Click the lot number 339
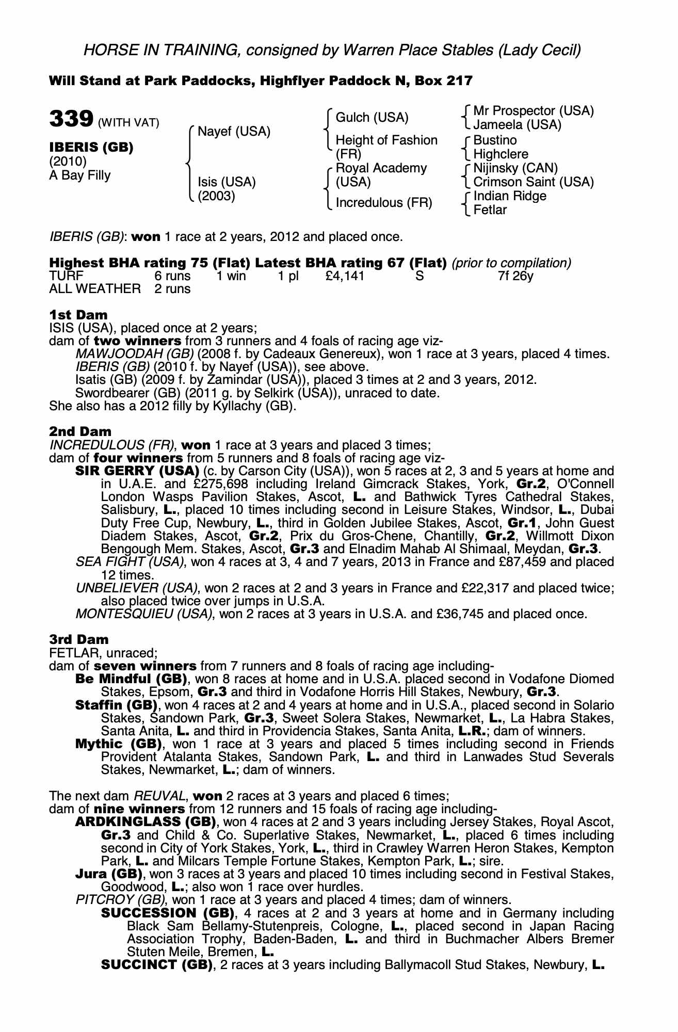(71, 119)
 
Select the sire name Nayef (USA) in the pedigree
(234, 132)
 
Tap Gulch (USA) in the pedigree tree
(372, 118)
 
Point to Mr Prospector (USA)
(534, 111)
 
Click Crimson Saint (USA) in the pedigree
(534, 182)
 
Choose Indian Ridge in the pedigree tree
(510, 196)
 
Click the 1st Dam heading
(78, 315)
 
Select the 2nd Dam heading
(80, 431)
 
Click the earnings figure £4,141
(345, 276)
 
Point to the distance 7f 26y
(515, 276)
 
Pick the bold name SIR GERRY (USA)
(137, 471)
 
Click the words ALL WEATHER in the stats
(94, 289)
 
